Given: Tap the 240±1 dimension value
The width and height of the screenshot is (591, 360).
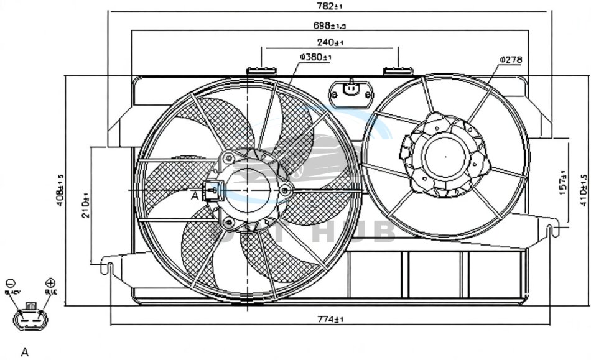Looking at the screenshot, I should (330, 42).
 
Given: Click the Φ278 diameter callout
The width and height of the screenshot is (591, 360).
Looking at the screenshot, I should (510, 60).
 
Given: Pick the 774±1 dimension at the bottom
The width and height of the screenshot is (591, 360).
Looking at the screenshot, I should (331, 320).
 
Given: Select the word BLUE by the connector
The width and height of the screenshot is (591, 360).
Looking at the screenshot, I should (50, 292).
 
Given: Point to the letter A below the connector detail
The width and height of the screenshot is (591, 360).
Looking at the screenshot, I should (25, 353).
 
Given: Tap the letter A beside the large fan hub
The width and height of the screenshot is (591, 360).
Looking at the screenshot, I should (195, 195).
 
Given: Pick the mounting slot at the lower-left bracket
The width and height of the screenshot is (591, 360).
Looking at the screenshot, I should (109, 268).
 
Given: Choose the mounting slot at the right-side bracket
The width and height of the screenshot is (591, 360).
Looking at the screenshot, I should (551, 231).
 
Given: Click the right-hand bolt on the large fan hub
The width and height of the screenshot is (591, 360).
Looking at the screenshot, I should (285, 190).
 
